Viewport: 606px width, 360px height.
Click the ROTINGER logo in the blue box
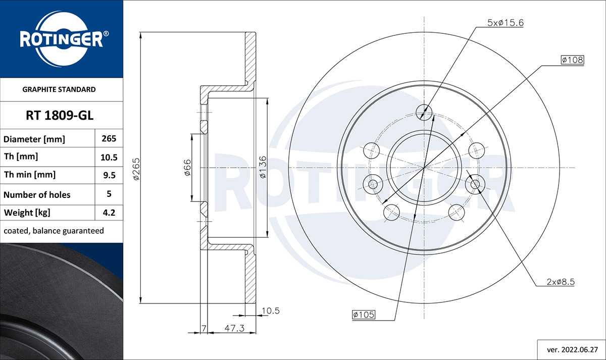point(62,39)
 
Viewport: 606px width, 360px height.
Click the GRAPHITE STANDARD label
point(59,89)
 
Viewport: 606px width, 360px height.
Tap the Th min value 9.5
point(109,175)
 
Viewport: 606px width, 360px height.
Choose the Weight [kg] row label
point(27,213)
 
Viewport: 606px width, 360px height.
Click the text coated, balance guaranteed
point(54,231)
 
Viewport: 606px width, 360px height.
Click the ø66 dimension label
point(186,167)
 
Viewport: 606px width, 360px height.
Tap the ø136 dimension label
point(262,167)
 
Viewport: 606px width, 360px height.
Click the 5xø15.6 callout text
point(505,23)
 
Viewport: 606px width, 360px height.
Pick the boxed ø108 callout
point(572,60)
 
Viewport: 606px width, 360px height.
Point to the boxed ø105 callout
point(363,315)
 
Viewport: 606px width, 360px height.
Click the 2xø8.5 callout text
point(560,282)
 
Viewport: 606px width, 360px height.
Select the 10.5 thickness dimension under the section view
point(271,311)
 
